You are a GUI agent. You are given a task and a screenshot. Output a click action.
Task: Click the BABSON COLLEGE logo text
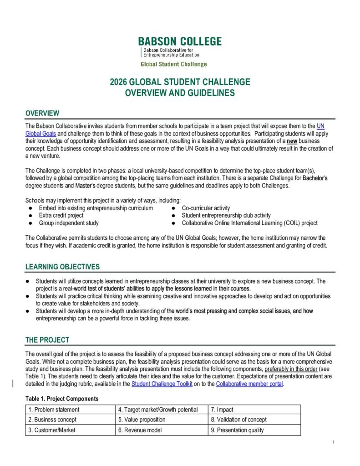[180, 41]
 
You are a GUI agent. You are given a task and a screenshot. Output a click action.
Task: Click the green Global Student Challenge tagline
[173, 64]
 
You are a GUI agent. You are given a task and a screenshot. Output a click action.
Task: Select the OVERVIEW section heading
[42, 113]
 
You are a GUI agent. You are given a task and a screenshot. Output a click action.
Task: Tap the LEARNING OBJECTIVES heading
[62, 267]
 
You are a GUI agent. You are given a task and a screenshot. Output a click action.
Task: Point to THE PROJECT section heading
[47, 339]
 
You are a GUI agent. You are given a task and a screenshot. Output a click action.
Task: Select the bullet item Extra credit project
[61, 215]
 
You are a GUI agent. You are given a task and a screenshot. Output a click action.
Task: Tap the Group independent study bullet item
[68, 223]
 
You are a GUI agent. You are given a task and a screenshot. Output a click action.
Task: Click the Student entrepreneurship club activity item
[226, 215]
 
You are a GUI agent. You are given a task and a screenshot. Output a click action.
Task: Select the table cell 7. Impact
[224, 410]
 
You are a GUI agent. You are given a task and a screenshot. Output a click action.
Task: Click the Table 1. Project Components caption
[61, 399]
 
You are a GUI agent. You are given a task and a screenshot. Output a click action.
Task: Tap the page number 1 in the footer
[334, 442]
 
